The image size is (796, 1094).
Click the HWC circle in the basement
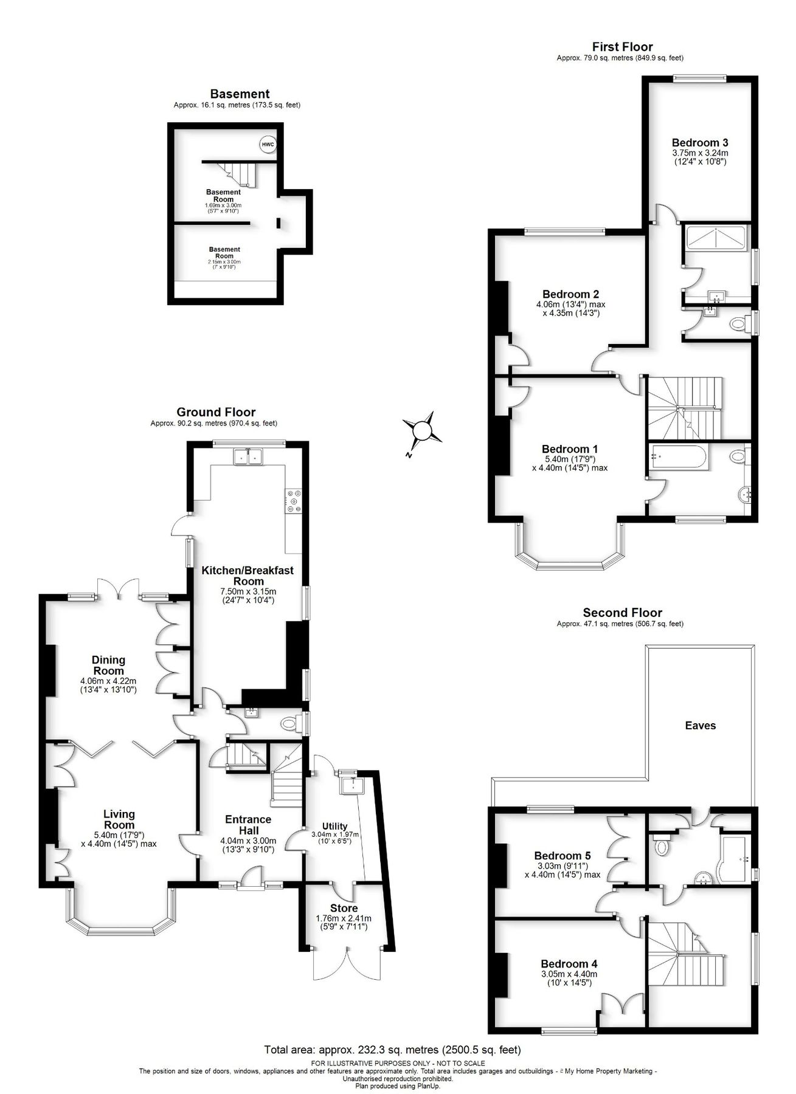coord(268,145)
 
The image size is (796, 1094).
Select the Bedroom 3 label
coord(700,143)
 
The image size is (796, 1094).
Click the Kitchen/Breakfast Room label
coord(247,576)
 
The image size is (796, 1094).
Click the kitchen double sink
coord(248,456)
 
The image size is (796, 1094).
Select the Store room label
coord(344,908)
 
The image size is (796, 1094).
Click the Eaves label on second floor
coord(700,725)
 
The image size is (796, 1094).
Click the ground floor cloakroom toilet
coord(291,724)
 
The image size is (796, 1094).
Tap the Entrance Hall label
coord(248,825)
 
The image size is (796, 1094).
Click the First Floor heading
coord(622,47)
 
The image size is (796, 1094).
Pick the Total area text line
coord(392,1050)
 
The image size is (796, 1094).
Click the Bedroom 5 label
coord(562,855)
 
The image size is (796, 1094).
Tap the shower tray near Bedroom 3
coord(715,237)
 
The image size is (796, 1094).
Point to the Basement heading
coord(239,94)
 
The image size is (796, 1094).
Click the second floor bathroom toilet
coord(660,846)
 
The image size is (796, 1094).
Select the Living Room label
coord(119,819)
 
